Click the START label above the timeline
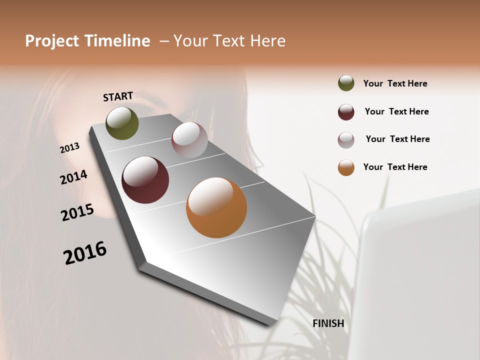[x=118, y=96]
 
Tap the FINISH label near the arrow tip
[x=328, y=323]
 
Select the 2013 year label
[x=70, y=147]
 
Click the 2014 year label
[x=74, y=177]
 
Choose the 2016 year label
[x=85, y=252]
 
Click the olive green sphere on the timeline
[x=122, y=123]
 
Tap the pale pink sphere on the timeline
[x=189, y=140]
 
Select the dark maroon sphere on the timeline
[x=145, y=180]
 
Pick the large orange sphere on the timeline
[x=216, y=207]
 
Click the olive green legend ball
[x=346, y=83]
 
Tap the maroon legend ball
[x=346, y=112]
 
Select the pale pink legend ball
[x=346, y=140]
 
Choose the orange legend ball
[x=346, y=167]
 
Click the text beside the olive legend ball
[x=395, y=83]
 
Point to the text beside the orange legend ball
[x=395, y=167]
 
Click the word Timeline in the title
[x=117, y=41]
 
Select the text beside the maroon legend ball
[x=396, y=111]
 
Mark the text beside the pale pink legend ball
[x=397, y=139]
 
